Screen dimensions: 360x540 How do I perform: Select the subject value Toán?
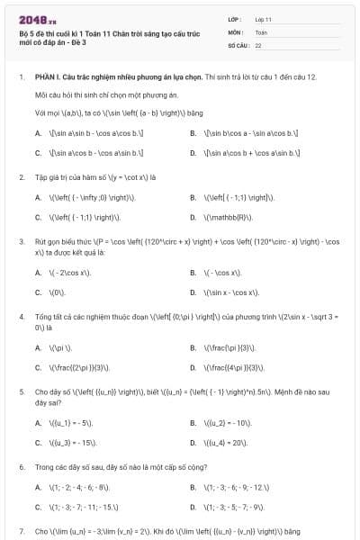261,31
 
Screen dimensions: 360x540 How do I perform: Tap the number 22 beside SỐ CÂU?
258,44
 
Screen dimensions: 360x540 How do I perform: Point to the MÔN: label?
237,31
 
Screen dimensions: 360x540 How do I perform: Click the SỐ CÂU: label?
239,44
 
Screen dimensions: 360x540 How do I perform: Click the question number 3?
21,242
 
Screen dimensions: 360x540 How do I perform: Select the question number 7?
21,532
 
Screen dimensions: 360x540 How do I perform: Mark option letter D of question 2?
193,217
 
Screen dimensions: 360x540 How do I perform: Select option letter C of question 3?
38,292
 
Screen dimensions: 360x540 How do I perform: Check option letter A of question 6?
38,487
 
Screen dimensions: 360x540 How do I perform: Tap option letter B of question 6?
193,487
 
